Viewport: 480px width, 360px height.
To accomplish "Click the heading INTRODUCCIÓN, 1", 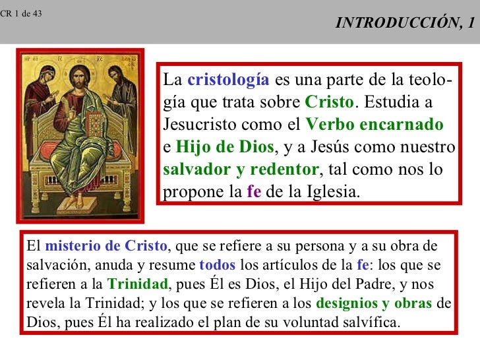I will (x=404, y=24).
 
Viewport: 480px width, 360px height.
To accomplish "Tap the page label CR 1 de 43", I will (x=20, y=13).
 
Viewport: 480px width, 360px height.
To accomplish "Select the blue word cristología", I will (x=228, y=81).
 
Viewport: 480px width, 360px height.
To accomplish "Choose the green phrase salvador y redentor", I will (x=241, y=169).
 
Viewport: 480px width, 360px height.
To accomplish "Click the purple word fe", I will (x=254, y=192).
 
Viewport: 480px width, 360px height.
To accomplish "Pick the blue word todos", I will (x=217, y=266).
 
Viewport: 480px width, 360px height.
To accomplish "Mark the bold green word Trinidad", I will (x=138, y=285).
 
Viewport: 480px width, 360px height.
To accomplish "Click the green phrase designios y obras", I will (x=375, y=305).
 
